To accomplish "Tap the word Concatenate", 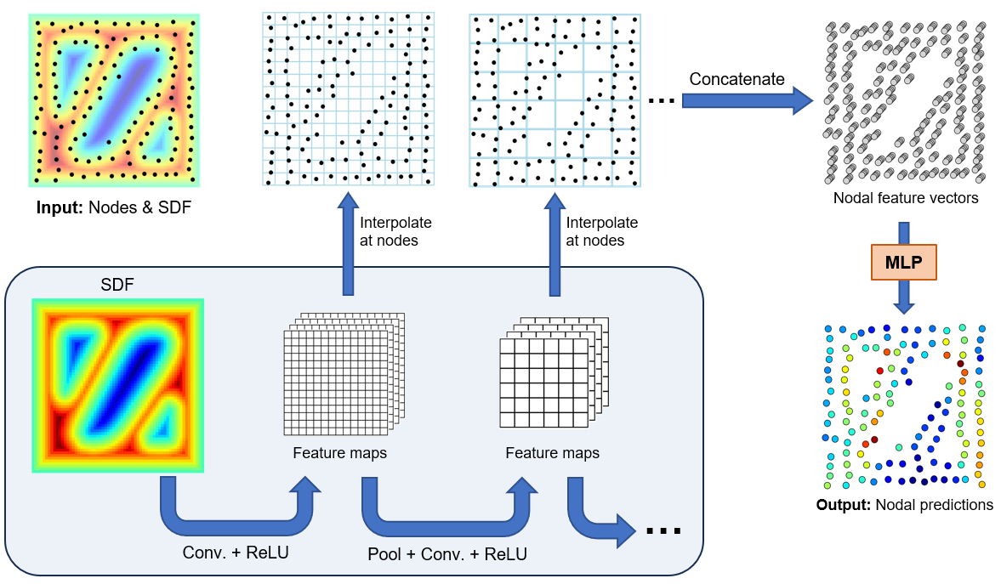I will click(737, 79).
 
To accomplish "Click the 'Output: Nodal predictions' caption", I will click(904, 504).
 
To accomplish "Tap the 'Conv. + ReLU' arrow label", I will click(236, 553).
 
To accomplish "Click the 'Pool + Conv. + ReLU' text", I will click(446, 554).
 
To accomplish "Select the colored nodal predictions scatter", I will click(903, 406).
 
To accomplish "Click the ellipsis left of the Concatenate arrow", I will click(661, 101).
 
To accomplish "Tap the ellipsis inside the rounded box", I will click(663, 531).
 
